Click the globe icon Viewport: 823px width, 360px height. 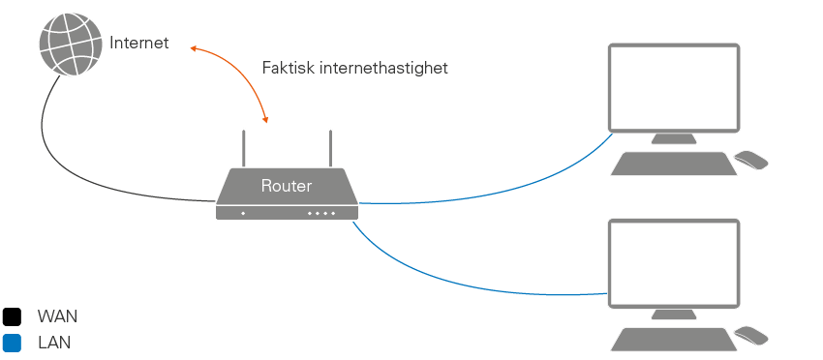point(70,43)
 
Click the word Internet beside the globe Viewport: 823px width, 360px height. point(139,43)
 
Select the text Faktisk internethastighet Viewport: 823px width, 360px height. point(355,68)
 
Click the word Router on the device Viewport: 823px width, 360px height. point(287,185)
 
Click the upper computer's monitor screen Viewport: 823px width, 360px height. point(674,86)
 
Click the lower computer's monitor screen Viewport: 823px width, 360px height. point(674,261)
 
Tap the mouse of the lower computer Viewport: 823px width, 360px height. point(751,335)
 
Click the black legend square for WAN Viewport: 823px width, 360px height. point(12,316)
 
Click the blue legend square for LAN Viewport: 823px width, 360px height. point(12,343)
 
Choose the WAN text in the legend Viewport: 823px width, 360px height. point(57,316)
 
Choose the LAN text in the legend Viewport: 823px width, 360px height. point(54,343)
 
